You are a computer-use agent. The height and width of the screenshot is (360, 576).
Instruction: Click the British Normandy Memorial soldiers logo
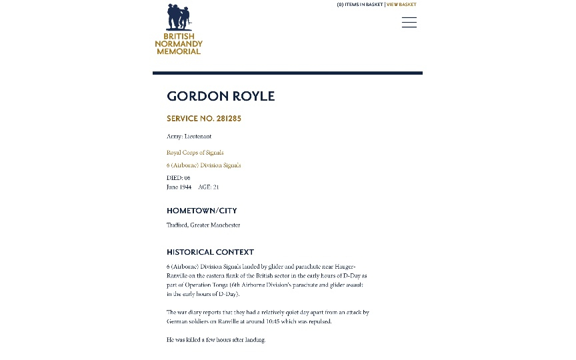pyautogui.click(x=179, y=17)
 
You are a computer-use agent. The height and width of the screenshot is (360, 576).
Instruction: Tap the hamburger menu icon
pyautogui.click(x=409, y=23)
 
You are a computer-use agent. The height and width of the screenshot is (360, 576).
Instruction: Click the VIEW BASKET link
pyautogui.click(x=401, y=5)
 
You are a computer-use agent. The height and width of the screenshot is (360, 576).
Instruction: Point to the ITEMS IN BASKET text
pyautogui.click(x=364, y=5)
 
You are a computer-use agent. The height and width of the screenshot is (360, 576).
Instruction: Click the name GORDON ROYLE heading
pyautogui.click(x=221, y=96)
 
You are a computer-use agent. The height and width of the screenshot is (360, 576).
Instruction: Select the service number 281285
pyautogui.click(x=229, y=119)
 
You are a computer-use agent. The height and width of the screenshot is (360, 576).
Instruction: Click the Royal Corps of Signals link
pyautogui.click(x=195, y=153)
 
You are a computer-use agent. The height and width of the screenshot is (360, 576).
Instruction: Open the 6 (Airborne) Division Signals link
pyautogui.click(x=203, y=165)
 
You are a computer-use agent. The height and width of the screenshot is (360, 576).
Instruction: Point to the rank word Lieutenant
pyautogui.click(x=198, y=137)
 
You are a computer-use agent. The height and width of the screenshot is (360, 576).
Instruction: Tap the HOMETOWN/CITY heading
pyautogui.click(x=201, y=211)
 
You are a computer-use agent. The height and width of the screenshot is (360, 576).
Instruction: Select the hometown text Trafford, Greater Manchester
pyautogui.click(x=203, y=225)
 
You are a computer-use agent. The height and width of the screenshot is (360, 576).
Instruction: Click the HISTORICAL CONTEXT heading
pyautogui.click(x=210, y=252)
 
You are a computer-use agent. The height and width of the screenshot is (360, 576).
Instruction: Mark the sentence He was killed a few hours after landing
pyautogui.click(x=216, y=340)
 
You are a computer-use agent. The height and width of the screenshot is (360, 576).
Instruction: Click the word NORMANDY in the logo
pyautogui.click(x=179, y=44)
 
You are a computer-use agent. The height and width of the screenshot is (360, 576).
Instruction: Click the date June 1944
pyautogui.click(x=179, y=187)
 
